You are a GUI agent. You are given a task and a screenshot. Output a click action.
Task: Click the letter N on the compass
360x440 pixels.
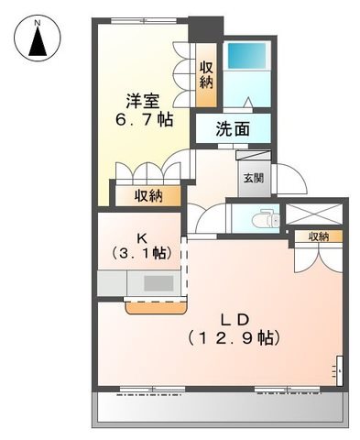click(x=38, y=22)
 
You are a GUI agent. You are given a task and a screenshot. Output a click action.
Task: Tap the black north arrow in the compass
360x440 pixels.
click(x=38, y=41)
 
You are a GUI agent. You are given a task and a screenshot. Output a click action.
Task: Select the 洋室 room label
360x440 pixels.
click(x=143, y=101)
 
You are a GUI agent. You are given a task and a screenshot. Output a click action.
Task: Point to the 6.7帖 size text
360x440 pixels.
click(x=144, y=119)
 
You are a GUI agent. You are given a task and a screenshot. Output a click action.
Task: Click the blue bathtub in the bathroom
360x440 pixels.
click(x=247, y=56)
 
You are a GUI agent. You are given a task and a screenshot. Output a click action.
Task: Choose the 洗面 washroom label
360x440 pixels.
click(x=233, y=129)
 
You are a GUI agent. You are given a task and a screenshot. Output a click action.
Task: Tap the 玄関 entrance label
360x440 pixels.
click(x=254, y=178)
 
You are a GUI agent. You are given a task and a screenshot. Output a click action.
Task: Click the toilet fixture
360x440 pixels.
click(x=266, y=218)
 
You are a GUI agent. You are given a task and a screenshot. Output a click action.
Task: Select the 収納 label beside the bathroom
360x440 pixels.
click(x=206, y=75)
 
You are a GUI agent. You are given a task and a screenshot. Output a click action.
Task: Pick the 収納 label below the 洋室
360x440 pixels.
click(x=149, y=196)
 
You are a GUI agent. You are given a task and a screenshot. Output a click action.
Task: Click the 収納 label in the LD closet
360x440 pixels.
click(x=318, y=236)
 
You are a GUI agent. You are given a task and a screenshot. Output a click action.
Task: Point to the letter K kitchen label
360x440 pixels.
click(x=141, y=238)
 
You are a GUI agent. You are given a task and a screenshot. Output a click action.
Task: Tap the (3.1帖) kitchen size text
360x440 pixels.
click(x=141, y=253)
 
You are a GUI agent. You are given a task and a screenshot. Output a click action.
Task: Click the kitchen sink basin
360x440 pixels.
click(x=158, y=283)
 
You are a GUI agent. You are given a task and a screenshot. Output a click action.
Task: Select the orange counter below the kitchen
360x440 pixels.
click(x=156, y=308)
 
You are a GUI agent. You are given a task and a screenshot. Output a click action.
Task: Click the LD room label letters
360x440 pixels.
click(x=235, y=320)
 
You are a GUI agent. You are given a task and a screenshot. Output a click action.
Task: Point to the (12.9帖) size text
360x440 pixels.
click(x=234, y=338)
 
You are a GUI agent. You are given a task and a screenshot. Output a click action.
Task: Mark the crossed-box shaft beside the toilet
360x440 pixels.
click(x=314, y=214)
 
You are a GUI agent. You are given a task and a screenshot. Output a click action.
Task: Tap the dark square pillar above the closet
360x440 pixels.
click(x=206, y=29)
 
